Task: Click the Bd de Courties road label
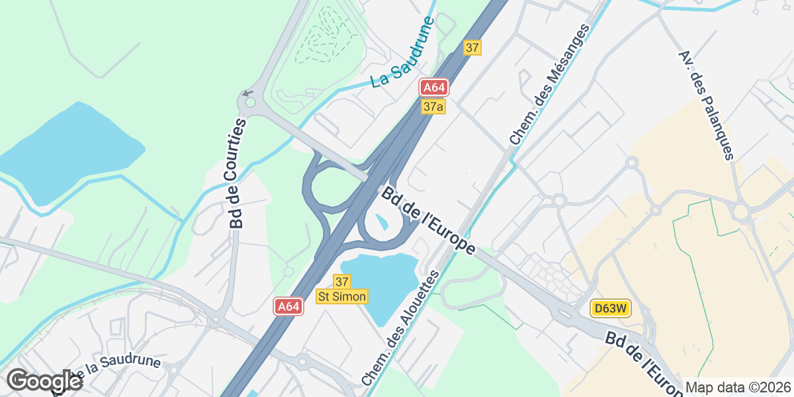(238, 174)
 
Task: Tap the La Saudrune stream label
(402, 53)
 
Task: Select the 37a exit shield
(433, 107)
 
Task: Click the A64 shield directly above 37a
(435, 88)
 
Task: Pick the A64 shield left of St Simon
(289, 306)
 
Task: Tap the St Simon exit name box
(342, 296)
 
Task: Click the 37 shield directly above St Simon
(342, 282)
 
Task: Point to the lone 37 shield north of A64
(472, 48)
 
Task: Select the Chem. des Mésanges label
(549, 85)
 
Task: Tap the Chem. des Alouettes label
(401, 328)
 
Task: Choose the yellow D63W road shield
(610, 308)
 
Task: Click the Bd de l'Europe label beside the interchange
(429, 221)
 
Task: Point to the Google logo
(44, 381)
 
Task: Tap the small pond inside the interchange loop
(382, 222)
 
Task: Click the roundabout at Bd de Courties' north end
(249, 102)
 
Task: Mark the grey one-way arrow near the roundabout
(247, 93)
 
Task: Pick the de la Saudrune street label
(112, 369)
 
